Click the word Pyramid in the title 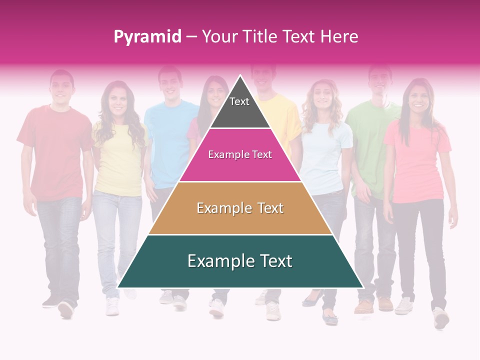point(147,37)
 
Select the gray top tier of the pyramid point(240,107)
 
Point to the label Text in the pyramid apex point(239,101)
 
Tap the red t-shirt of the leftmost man point(55,150)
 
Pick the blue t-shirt point(167,145)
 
